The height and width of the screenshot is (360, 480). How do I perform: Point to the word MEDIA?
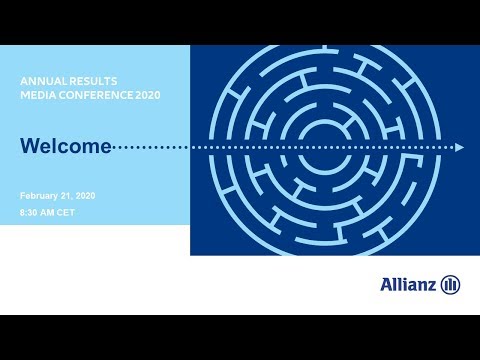(38, 95)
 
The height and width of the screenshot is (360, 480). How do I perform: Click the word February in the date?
(41, 196)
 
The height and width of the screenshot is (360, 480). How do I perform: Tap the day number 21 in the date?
(70, 196)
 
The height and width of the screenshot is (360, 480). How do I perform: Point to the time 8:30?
(30, 213)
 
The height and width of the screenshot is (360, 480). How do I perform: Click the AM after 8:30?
(50, 213)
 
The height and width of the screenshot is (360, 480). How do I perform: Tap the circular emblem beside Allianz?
(450, 285)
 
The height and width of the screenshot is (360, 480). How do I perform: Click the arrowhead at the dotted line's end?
(459, 147)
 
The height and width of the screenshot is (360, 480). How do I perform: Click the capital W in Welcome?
(30, 147)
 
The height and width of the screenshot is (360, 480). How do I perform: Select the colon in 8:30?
(27, 213)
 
